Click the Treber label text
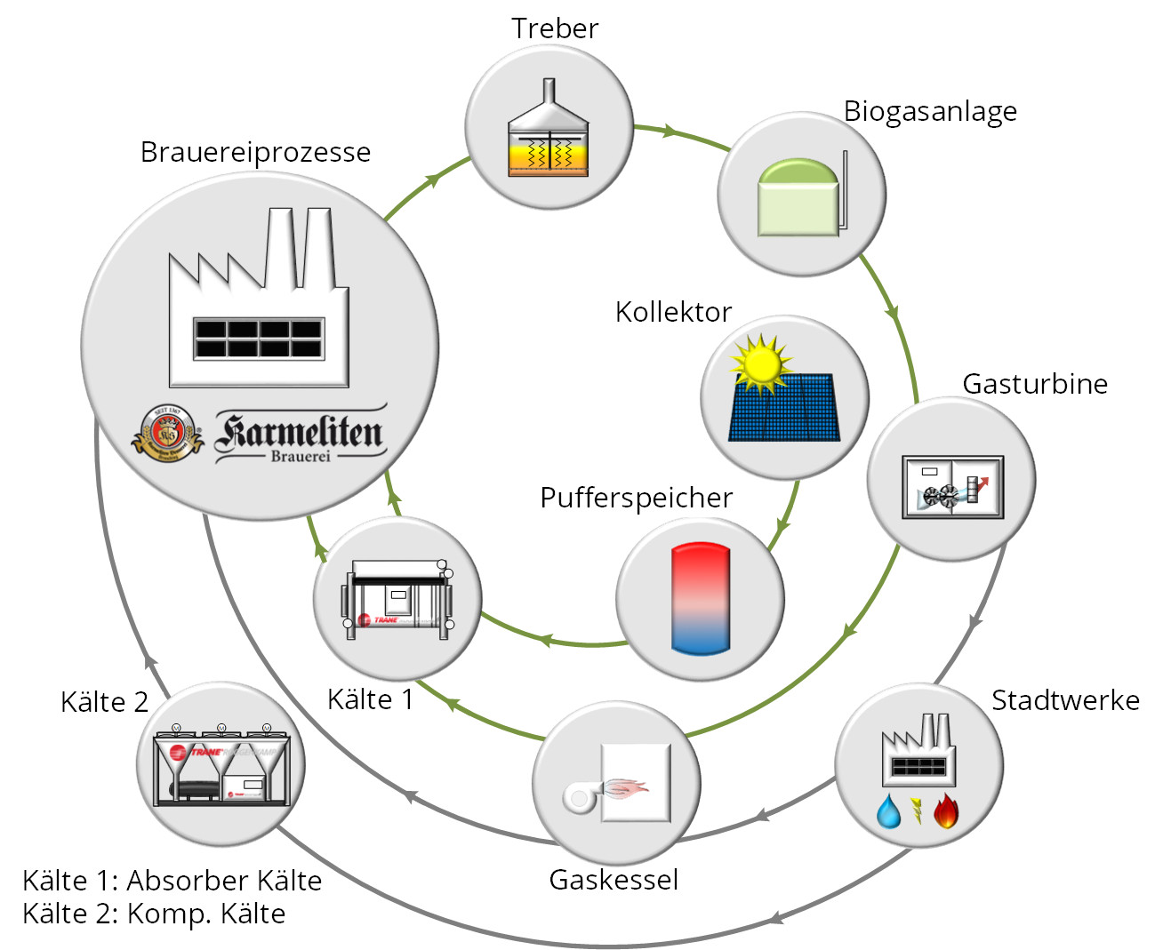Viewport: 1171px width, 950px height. pyautogui.click(x=555, y=28)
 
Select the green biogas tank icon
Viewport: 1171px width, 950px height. pyautogui.click(x=799, y=198)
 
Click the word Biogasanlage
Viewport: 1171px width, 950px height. pyautogui.click(x=930, y=111)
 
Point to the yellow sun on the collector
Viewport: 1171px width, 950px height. pyautogui.click(x=761, y=363)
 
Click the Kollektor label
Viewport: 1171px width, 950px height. pyautogui.click(x=673, y=312)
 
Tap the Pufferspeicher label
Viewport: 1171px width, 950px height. pyautogui.click(x=637, y=498)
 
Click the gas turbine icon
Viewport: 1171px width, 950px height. pyautogui.click(x=952, y=486)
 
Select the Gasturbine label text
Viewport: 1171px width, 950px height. pyautogui.click(x=1035, y=384)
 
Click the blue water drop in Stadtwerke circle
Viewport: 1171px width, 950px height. pyautogui.click(x=888, y=811)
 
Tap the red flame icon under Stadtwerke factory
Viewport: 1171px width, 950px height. pyautogui.click(x=946, y=810)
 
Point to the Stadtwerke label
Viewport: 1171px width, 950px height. pyautogui.click(x=1065, y=700)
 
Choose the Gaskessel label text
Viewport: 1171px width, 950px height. pyautogui.click(x=614, y=880)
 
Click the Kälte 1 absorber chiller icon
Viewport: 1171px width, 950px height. pyautogui.click(x=397, y=598)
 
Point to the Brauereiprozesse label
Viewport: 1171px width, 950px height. pyautogui.click(x=255, y=152)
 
